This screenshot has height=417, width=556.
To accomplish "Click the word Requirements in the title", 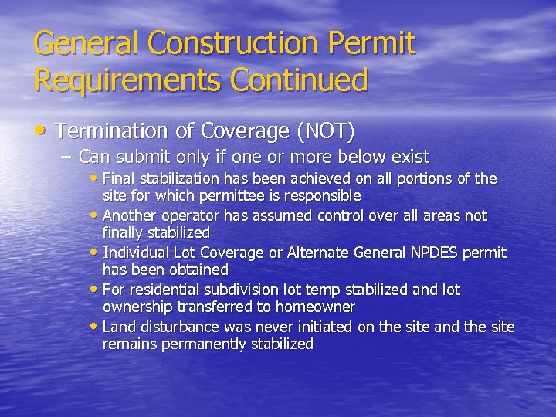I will click(117, 80).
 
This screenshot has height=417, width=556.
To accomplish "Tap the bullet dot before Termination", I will click(43, 131).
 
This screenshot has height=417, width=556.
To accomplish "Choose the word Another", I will click(128, 215).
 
